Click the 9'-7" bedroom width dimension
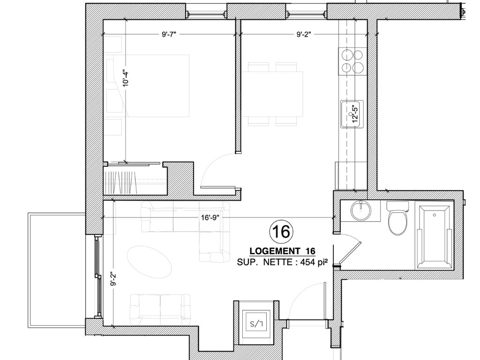(x=169, y=34)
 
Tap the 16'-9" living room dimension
(x=210, y=217)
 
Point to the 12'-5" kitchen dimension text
(x=355, y=114)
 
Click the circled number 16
(x=281, y=232)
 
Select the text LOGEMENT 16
(x=282, y=251)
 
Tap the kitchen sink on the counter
(x=352, y=114)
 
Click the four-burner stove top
(x=352, y=61)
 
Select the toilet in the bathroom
(x=397, y=217)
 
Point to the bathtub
(x=435, y=235)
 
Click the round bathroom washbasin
(x=361, y=210)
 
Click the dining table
(x=272, y=94)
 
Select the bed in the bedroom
(x=148, y=86)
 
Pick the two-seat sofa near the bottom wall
(x=160, y=309)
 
